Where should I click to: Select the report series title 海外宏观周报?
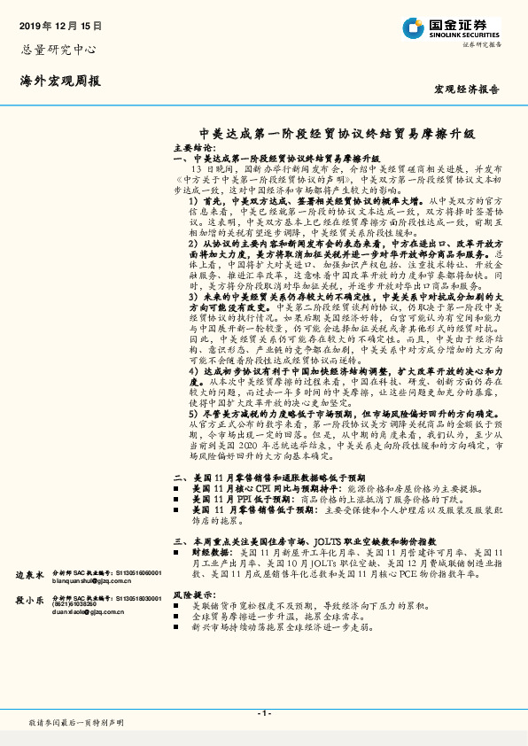[x=60, y=81]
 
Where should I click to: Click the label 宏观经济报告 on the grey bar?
[x=466, y=89]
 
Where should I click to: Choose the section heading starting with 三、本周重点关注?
[x=288, y=540]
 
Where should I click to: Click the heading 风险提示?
[x=193, y=594]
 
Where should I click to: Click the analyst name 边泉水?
[x=29, y=574]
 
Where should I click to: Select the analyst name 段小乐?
[x=29, y=600]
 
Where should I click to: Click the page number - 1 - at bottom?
[x=263, y=713]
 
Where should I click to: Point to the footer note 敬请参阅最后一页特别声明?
[x=77, y=724]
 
